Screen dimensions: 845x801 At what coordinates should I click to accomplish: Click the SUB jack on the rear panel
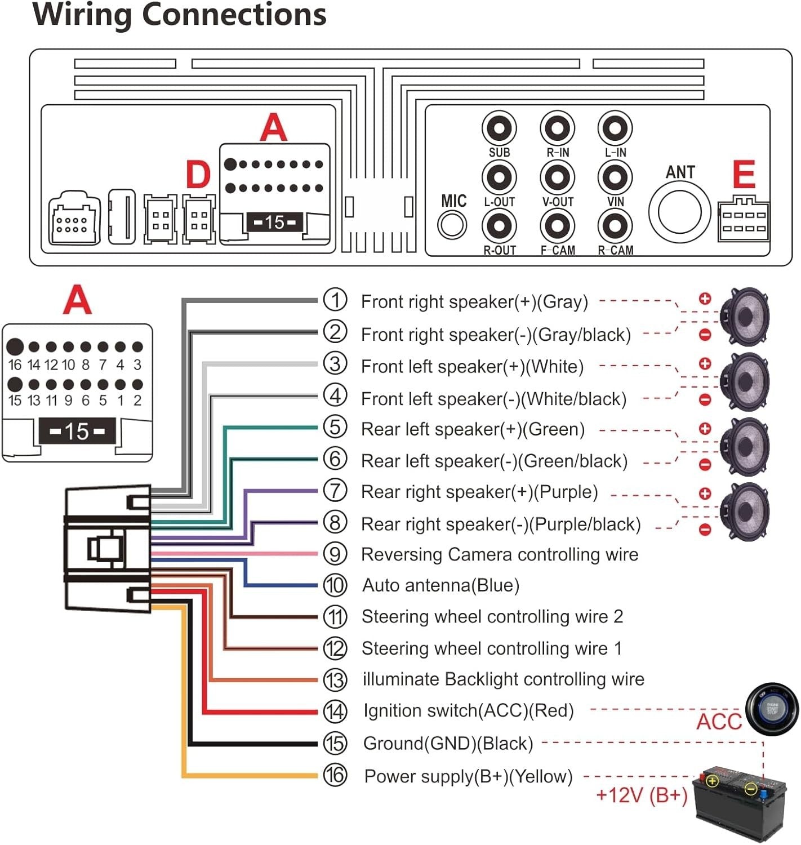(x=499, y=128)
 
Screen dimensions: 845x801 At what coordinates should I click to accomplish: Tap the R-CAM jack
(x=615, y=226)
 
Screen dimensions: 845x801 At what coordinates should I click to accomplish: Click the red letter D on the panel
(x=198, y=175)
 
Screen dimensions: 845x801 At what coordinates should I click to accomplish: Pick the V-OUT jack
(x=557, y=177)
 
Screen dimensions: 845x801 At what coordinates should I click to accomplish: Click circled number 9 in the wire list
(x=335, y=554)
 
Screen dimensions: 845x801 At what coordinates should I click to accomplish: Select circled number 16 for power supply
(x=335, y=776)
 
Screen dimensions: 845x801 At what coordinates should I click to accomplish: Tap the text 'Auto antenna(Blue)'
(x=440, y=585)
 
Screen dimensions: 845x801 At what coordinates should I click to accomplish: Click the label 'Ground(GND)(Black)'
(x=448, y=744)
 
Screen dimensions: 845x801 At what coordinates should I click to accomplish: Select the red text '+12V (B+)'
(x=642, y=795)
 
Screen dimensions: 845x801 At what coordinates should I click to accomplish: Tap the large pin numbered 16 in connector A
(x=15, y=346)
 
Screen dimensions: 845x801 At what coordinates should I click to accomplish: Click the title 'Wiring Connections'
(x=180, y=15)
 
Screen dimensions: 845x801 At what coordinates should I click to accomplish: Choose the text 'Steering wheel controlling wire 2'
(x=492, y=617)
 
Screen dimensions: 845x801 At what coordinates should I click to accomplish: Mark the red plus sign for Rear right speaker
(x=705, y=494)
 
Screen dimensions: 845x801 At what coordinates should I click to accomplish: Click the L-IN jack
(x=615, y=128)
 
